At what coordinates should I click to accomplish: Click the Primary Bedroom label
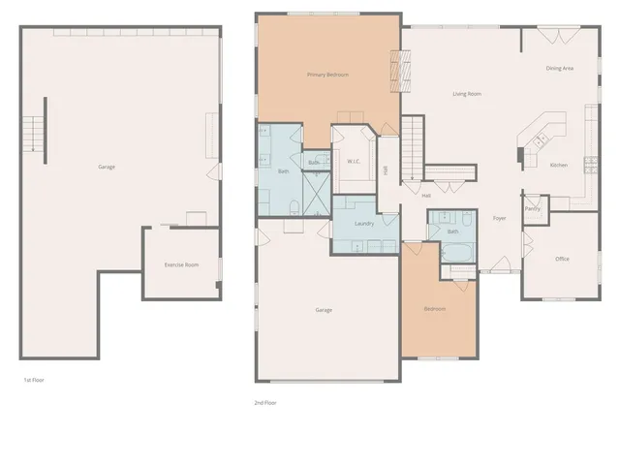coord(327,75)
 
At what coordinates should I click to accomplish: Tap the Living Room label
coord(467,94)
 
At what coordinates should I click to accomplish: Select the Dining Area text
coord(559,69)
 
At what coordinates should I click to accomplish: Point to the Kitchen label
coord(559,166)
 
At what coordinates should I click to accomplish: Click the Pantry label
coord(532,208)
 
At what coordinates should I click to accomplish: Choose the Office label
coord(562,259)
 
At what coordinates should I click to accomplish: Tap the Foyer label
coord(500,219)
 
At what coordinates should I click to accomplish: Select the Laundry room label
coord(364,224)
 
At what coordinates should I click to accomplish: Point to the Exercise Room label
coord(181,263)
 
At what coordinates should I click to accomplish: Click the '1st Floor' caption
coord(34,380)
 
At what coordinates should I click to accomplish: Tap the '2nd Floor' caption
coord(265,402)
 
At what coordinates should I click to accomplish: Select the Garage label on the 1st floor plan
coord(107,167)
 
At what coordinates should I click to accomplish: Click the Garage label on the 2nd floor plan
coord(324,310)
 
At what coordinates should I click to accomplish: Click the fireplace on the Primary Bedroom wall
coord(394,70)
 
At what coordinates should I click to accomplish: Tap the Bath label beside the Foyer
coord(452,232)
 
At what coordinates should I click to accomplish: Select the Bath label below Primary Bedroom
coord(284,171)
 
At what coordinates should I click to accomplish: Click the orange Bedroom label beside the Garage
coord(435,309)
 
